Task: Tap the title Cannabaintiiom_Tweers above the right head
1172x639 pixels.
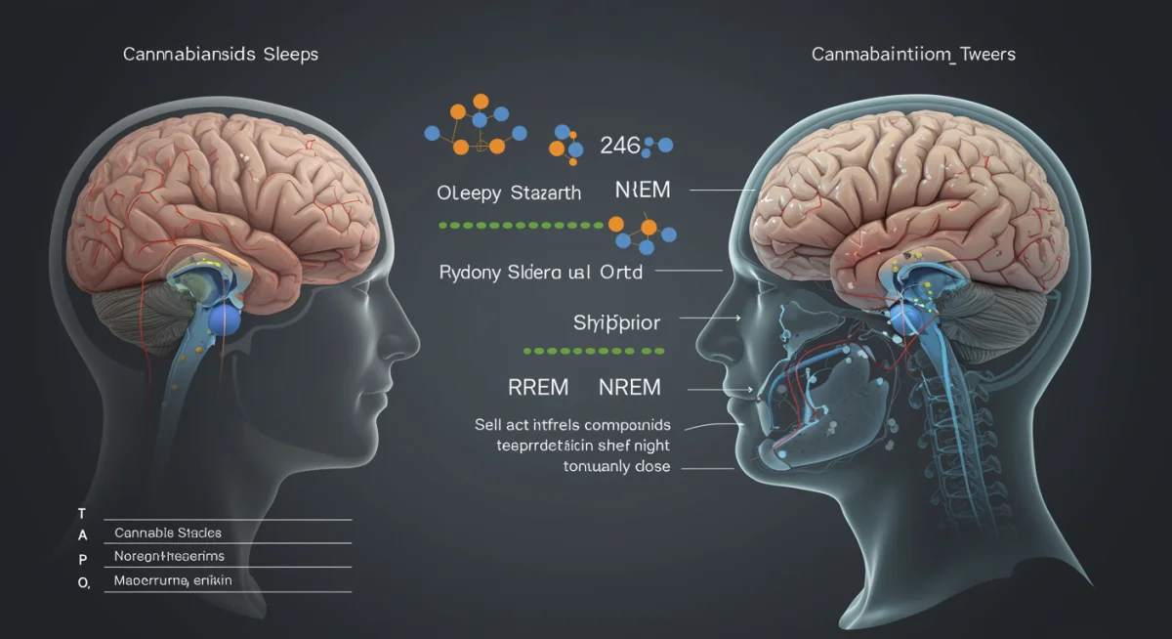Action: pyautogui.click(x=913, y=55)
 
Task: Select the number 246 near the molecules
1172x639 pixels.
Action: pyautogui.click(x=619, y=147)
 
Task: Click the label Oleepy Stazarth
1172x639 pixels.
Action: pyautogui.click(x=509, y=192)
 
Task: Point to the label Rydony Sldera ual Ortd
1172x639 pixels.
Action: pyautogui.click(x=541, y=272)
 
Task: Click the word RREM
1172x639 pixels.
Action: pyautogui.click(x=537, y=388)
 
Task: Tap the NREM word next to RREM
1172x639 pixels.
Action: pyautogui.click(x=629, y=388)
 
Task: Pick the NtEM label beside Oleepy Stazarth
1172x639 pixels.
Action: pyautogui.click(x=643, y=190)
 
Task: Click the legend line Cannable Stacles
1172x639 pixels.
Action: pyautogui.click(x=168, y=532)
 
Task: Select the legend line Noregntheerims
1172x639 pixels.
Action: pyautogui.click(x=169, y=556)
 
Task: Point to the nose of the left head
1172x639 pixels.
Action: pyautogui.click(x=411, y=336)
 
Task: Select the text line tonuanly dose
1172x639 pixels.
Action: pyautogui.click(x=616, y=466)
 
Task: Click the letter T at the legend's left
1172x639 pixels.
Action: pyautogui.click(x=82, y=513)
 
